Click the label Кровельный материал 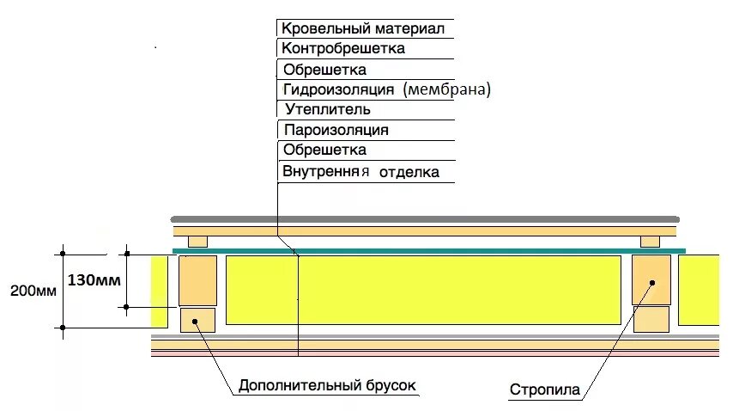pos(362,28)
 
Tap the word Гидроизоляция pos(338,89)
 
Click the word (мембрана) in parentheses pos(446,89)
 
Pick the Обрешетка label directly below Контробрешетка pos(324,69)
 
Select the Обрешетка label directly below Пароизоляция pos(324,150)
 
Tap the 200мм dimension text pos(33,291)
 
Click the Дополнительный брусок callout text pos(327,384)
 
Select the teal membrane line pos(429,251)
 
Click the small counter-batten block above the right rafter pos(650,241)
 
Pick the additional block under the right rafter pos(651,319)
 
